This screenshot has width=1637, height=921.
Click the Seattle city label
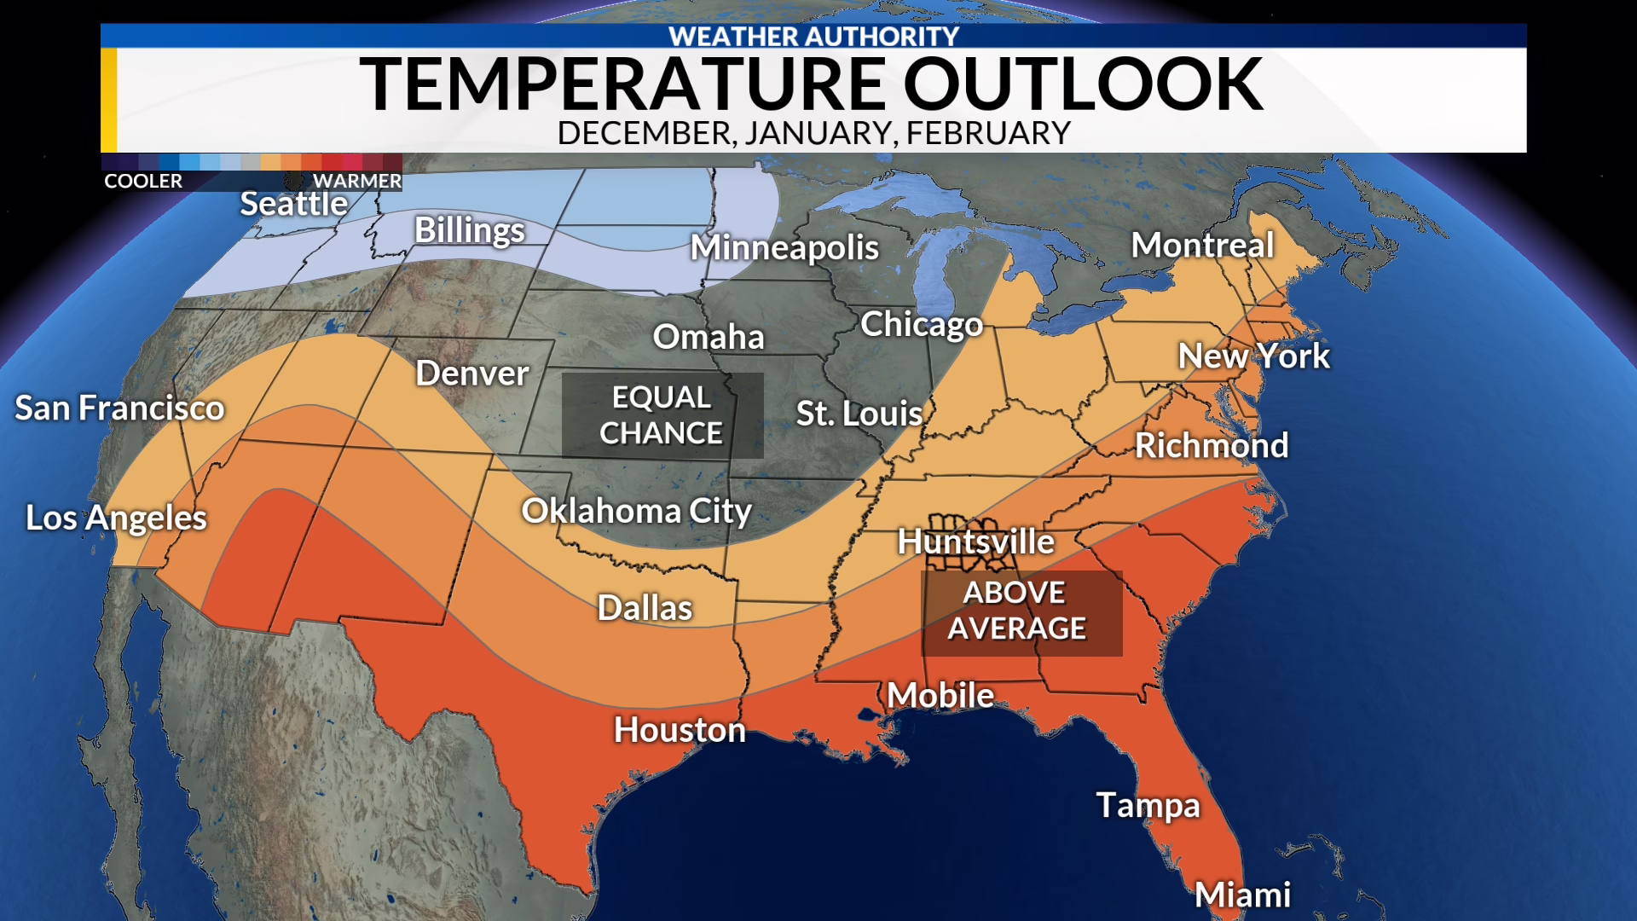(293, 204)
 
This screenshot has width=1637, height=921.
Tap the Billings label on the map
(470, 230)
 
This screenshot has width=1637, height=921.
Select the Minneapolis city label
(784, 247)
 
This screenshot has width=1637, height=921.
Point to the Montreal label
(1202, 246)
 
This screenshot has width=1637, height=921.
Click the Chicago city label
(922, 324)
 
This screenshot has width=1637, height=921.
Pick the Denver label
(472, 374)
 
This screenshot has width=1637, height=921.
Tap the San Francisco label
(120, 408)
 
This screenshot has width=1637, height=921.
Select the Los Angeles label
(117, 518)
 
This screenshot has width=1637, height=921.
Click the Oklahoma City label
(637, 511)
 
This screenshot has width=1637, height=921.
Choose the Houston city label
(680, 730)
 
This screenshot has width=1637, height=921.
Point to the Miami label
(1242, 895)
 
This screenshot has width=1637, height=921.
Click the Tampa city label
(1148, 805)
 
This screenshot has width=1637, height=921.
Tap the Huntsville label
(976, 542)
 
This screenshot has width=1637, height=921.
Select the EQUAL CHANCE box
(662, 415)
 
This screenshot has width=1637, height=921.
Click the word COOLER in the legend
(143, 181)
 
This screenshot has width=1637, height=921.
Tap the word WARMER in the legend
(356, 181)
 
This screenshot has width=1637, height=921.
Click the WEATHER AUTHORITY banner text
(814, 37)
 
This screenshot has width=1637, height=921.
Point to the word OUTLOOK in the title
(1083, 84)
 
